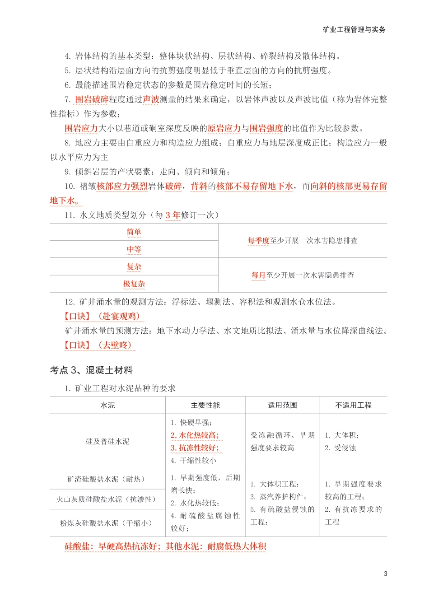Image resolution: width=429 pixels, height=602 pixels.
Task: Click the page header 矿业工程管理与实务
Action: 354,30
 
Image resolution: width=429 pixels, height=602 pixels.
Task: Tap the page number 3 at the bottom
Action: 385,574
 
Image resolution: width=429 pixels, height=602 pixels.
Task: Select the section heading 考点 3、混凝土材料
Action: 91,370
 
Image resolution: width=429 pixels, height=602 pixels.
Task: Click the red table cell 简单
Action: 134,232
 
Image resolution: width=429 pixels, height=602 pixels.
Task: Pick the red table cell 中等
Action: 134,249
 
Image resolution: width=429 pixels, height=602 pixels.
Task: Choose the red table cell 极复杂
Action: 134,284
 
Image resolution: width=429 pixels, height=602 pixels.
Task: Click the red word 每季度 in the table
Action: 258,241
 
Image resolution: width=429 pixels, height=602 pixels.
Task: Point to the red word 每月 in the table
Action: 258,275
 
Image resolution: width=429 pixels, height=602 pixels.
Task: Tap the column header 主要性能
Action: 205,406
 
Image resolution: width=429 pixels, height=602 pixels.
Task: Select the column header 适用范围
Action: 282,406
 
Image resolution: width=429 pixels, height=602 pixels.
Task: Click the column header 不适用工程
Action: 353,406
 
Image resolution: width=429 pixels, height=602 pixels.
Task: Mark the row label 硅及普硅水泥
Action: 107,442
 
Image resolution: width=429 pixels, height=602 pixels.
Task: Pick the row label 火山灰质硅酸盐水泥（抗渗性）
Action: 107,499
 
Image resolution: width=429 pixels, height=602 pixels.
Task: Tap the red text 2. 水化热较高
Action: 195,435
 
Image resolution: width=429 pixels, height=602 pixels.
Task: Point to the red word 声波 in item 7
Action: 151,99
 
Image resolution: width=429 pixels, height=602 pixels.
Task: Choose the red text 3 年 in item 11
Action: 173,215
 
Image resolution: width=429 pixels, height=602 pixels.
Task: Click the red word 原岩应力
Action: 224,128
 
